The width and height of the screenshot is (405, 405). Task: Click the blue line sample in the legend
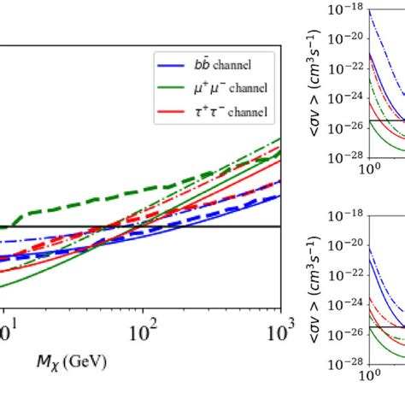click(x=169, y=64)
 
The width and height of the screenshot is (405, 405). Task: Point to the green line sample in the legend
click(x=169, y=88)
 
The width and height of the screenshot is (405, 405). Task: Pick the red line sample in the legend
click(x=169, y=112)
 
